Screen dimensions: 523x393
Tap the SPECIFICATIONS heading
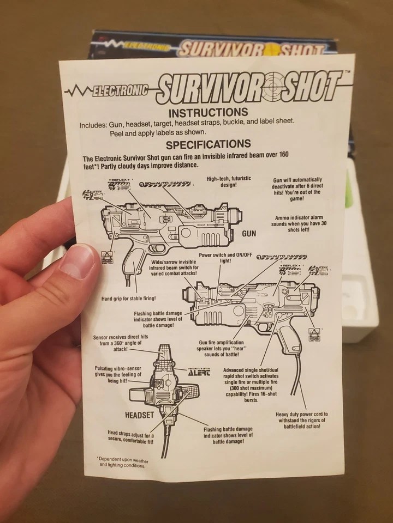coord(208,144)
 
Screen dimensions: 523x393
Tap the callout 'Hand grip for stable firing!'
coord(128,299)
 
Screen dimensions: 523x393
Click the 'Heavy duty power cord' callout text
coord(302,420)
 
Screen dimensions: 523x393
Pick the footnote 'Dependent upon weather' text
coord(122,462)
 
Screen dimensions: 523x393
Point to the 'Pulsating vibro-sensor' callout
coord(118,375)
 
